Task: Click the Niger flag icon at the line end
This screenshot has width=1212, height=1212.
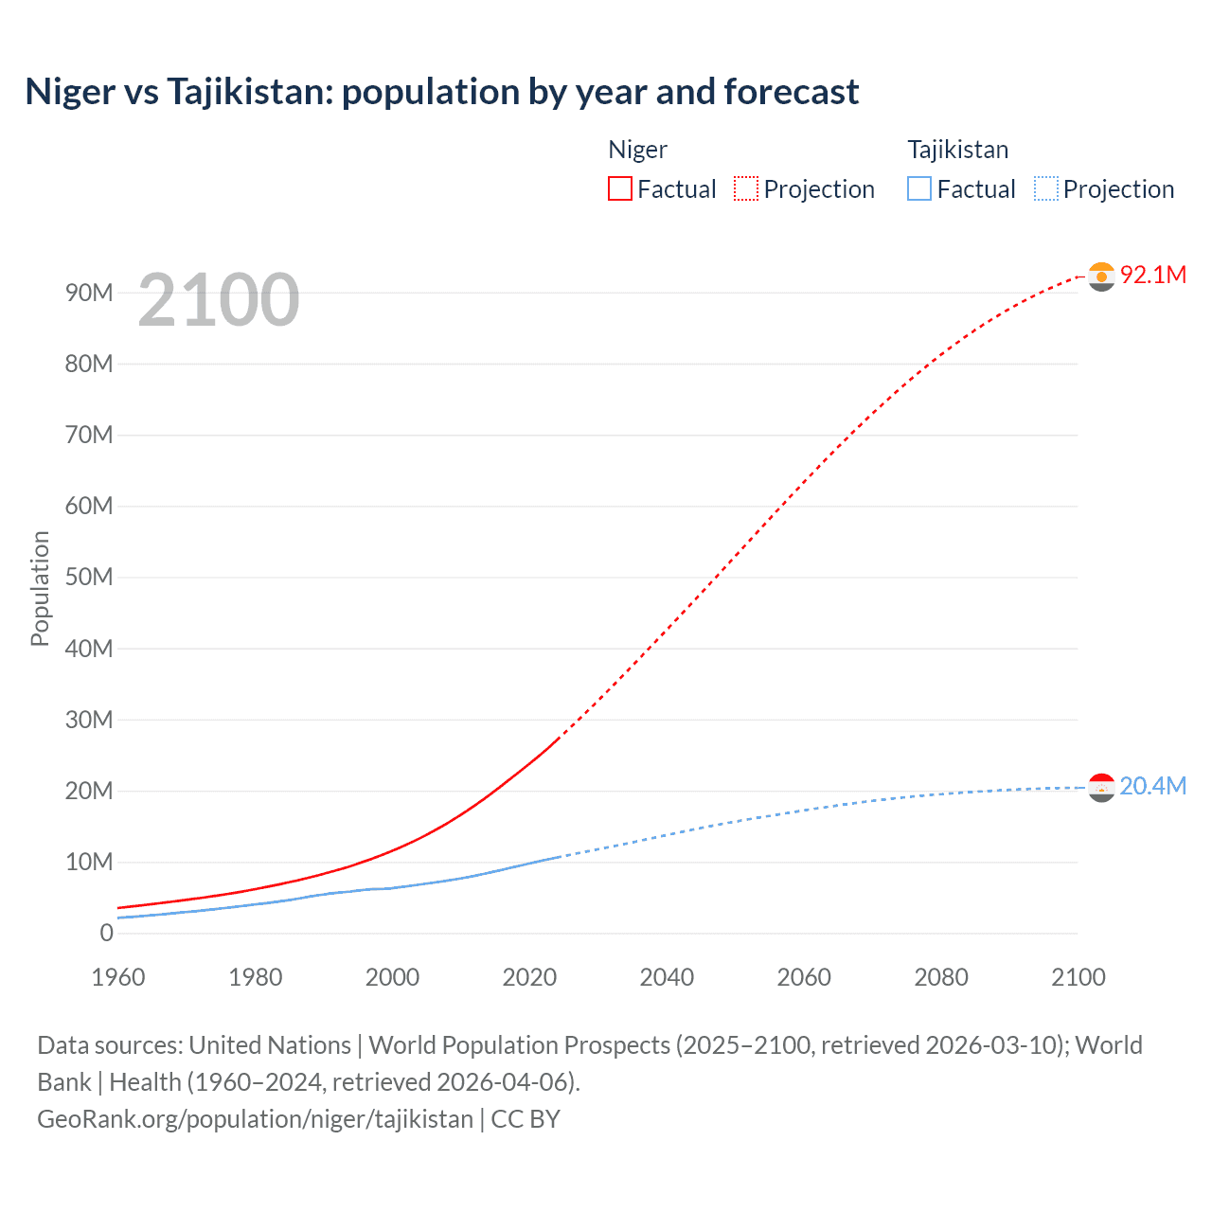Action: coord(1101,276)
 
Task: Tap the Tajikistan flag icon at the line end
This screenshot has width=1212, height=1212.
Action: coord(1101,788)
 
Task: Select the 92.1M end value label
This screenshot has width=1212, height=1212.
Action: coord(1152,275)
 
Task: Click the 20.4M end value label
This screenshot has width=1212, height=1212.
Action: coord(1152,787)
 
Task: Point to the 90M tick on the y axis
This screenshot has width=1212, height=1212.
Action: coord(89,293)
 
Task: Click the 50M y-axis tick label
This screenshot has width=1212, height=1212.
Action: coord(89,578)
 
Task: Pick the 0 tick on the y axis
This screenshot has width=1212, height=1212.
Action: coord(106,933)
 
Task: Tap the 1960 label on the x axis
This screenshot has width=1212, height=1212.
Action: coord(118,977)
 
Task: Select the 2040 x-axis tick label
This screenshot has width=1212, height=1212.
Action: coord(667,977)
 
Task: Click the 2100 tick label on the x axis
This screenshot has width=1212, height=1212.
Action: coord(1078,977)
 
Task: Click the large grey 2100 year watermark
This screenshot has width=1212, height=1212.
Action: coord(219,300)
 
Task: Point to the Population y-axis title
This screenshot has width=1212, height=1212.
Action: coord(40,588)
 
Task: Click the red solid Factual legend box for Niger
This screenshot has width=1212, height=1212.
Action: coord(620,189)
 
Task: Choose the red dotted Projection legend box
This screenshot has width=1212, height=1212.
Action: coord(746,189)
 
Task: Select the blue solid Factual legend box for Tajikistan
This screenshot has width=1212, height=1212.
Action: coord(919,189)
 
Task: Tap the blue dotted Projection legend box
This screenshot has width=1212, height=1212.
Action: coord(1046,189)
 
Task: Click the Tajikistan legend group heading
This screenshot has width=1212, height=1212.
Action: coord(957,150)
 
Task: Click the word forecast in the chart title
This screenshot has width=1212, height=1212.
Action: coord(792,92)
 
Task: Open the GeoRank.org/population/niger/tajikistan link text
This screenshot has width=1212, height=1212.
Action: coord(255,1119)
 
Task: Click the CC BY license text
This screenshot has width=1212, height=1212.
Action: coord(526,1119)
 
